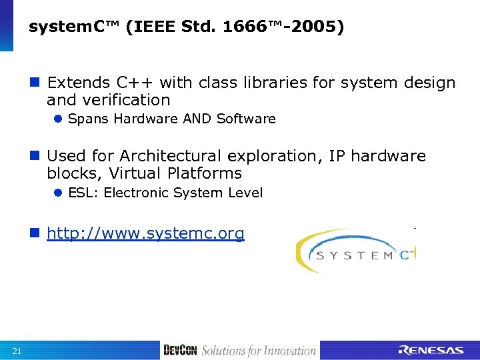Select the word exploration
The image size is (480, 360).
click(x=275, y=156)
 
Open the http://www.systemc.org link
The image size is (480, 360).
click(x=145, y=234)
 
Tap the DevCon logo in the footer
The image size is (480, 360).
click(x=180, y=350)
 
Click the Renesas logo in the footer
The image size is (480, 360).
click(x=430, y=350)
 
